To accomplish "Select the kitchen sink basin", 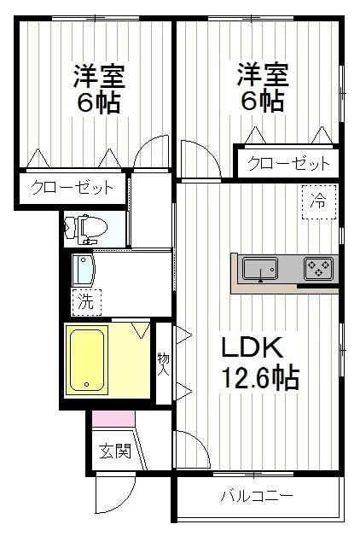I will tap(259, 271).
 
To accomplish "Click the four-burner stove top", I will tap(318, 270).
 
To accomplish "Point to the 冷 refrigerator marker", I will tap(317, 202).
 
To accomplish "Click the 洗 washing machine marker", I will tap(84, 300).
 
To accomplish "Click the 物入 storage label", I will tap(163, 363).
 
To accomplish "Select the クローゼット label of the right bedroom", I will tap(287, 162).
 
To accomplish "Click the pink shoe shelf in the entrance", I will tap(113, 419).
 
